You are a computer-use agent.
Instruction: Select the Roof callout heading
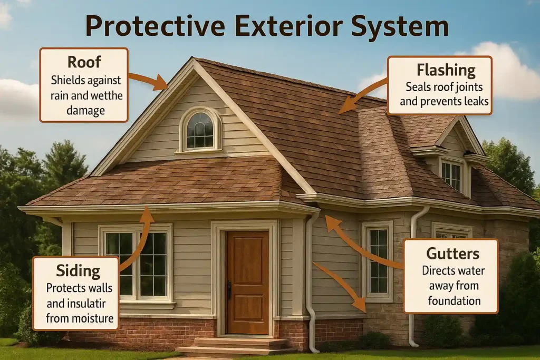[x=84, y=62]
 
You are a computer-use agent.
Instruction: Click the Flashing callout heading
[x=446, y=70]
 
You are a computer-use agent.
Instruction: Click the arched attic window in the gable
[x=200, y=130]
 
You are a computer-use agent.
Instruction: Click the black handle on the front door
[x=229, y=289]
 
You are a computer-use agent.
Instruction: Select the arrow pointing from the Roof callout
[x=148, y=80]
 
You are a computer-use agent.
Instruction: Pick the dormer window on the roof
[x=450, y=176]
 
